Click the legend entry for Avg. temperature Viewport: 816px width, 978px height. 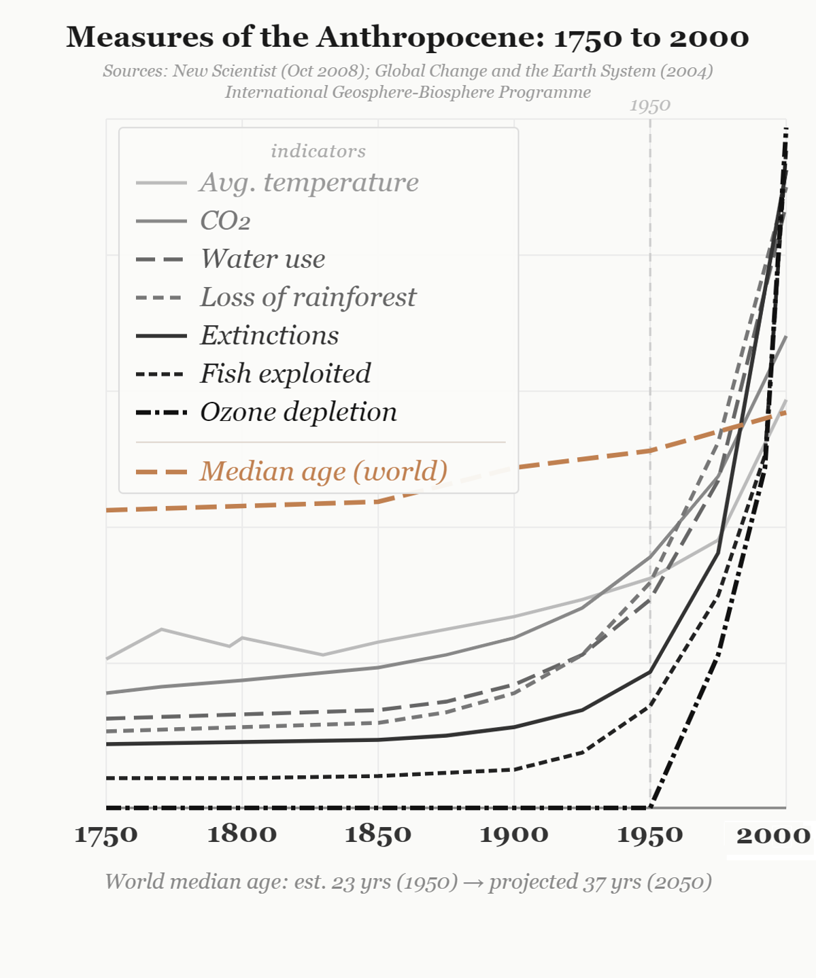tap(309, 182)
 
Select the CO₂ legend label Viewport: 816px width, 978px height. tap(225, 220)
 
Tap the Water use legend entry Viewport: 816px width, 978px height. tap(262, 258)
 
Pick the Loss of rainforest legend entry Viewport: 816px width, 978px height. tap(307, 297)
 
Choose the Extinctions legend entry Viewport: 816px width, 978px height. tap(269, 335)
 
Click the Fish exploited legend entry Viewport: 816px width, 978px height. tap(285, 373)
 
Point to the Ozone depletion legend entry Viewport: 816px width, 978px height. tap(298, 412)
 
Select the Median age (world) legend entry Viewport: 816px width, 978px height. tap(323, 471)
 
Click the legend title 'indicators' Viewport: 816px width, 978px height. tap(318, 151)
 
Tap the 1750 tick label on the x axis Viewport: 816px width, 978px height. tap(106, 835)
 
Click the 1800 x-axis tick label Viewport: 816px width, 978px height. tap(242, 834)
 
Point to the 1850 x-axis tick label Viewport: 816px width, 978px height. tap(378, 834)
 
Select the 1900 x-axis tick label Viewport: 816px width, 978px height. tap(514, 834)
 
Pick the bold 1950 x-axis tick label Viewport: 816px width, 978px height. tap(650, 834)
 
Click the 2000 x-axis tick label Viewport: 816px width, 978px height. tap(773, 835)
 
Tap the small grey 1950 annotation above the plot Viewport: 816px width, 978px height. tap(650, 105)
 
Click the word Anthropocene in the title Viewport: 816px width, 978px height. tap(430, 37)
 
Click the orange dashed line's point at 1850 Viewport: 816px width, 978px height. tap(378, 502)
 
